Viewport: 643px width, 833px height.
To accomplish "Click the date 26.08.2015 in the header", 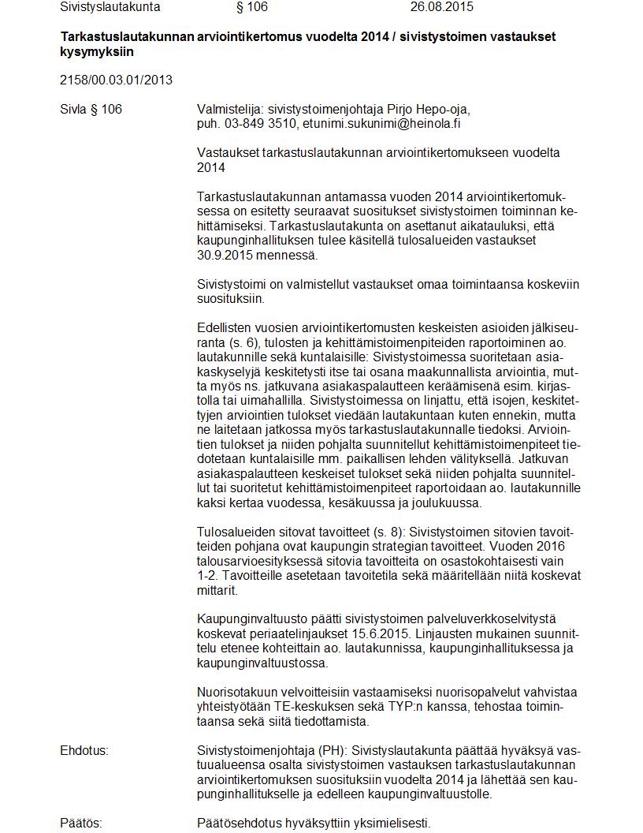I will point(441,7).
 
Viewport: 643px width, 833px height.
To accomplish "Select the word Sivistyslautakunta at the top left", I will point(110,7).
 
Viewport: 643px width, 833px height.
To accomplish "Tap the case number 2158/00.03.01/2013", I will point(116,80).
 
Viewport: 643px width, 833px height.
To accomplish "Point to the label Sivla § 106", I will point(91,109).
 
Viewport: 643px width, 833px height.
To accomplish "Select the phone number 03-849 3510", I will point(258,124).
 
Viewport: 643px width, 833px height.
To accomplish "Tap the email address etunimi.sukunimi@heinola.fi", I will point(382,124).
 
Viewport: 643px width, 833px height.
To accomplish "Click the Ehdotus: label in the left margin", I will point(84,750).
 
